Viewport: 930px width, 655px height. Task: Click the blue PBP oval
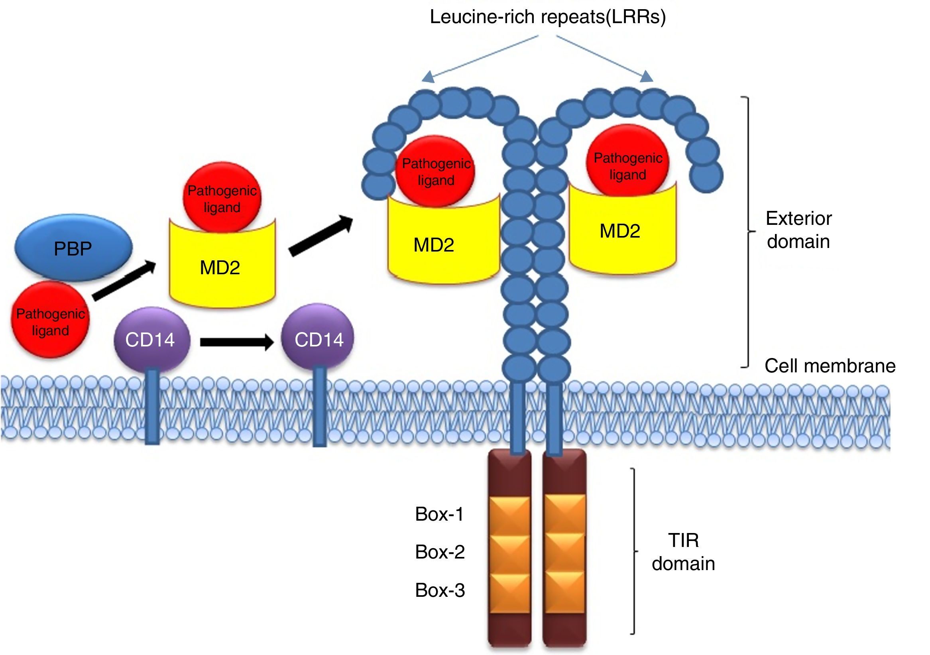(73, 248)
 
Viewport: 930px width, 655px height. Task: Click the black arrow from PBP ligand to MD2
(124, 280)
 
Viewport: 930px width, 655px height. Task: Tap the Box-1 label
(439, 514)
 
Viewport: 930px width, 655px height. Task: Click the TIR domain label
(683, 552)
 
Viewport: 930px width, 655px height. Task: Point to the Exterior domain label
(798, 230)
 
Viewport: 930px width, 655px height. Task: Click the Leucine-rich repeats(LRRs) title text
(547, 17)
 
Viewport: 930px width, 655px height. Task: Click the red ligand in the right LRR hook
(627, 162)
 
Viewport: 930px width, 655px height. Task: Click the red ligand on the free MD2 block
(222, 198)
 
